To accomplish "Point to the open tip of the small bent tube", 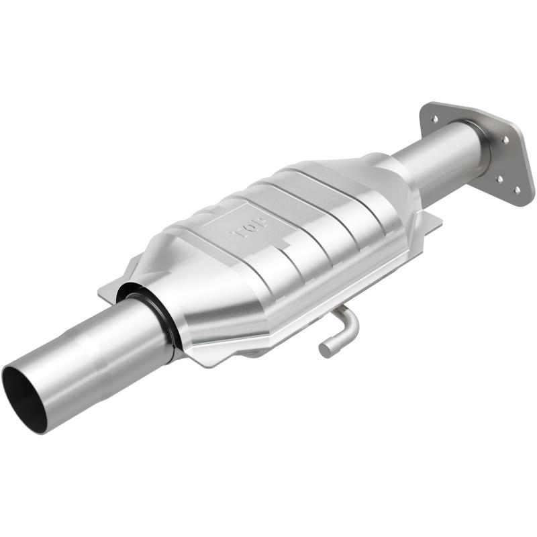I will [x=326, y=349].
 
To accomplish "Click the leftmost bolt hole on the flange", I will [x=435, y=119].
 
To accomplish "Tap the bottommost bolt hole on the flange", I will [x=516, y=190].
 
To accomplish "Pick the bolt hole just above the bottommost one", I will [x=498, y=179].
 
